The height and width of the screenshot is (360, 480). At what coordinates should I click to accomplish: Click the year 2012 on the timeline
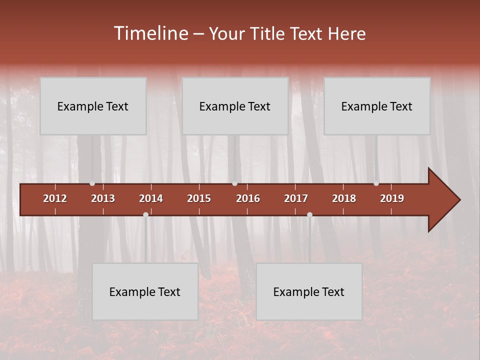click(55, 198)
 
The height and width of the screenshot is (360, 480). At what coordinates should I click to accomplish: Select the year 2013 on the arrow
click(103, 198)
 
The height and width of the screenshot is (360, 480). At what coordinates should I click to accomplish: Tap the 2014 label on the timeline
click(151, 198)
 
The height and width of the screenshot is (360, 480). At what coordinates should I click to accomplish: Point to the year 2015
click(199, 198)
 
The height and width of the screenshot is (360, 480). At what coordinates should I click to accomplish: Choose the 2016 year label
click(248, 198)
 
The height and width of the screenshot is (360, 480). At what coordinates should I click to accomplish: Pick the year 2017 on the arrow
click(296, 198)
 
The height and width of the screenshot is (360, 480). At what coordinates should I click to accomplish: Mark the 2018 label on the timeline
click(344, 198)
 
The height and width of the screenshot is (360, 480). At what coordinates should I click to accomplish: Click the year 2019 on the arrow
click(392, 198)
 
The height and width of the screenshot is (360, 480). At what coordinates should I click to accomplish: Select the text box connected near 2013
click(93, 106)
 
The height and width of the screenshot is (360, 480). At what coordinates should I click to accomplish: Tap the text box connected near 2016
click(235, 106)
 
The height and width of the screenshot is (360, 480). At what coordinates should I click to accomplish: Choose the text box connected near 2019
click(377, 106)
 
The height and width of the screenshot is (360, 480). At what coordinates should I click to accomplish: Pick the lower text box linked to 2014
click(145, 291)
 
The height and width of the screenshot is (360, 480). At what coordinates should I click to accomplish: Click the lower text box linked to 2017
click(309, 291)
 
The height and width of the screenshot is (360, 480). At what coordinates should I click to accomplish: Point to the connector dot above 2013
click(92, 183)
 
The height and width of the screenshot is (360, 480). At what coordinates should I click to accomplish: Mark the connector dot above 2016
click(234, 183)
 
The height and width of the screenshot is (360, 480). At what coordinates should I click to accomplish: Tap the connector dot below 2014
click(145, 214)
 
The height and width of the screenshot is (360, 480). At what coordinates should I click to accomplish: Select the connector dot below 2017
click(309, 214)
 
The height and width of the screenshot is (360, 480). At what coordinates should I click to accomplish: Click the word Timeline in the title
click(151, 33)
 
